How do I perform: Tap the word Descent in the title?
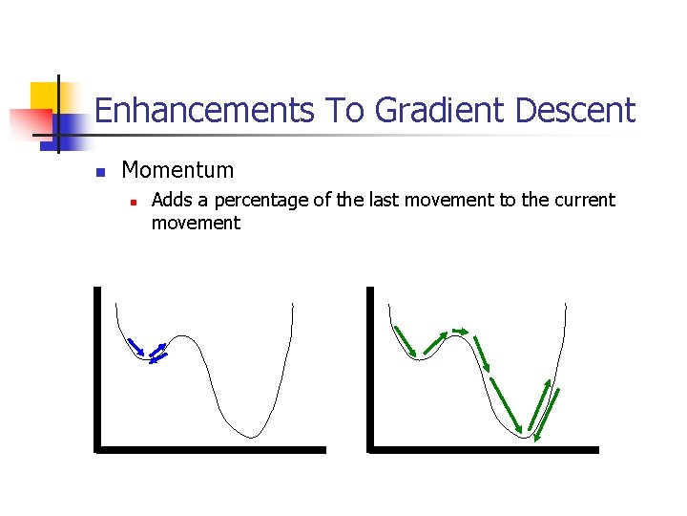point(574,111)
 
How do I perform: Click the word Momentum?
point(177,170)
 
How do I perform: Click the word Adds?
point(172,200)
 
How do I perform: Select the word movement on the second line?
point(196,223)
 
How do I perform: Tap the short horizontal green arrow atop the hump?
point(460,331)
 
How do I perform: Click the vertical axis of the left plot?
point(96,368)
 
